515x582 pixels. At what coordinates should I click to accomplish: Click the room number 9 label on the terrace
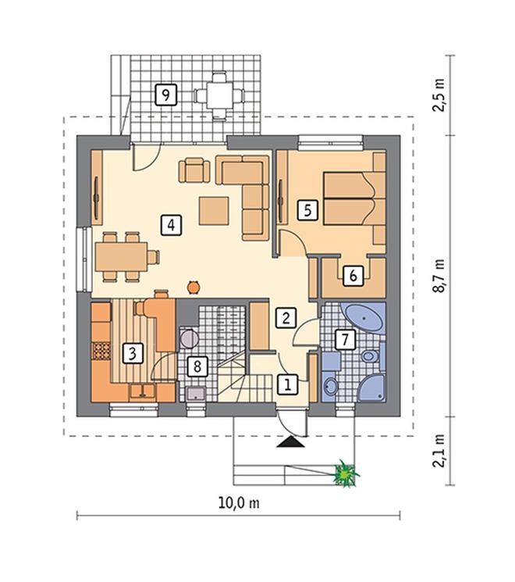pyautogui.click(x=166, y=95)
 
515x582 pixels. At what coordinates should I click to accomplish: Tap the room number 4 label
pyautogui.click(x=171, y=225)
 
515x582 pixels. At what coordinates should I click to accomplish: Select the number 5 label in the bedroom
pyautogui.click(x=307, y=211)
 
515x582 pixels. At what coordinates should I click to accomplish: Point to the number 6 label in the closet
pyautogui.click(x=353, y=276)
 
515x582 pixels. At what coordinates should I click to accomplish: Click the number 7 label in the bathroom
pyautogui.click(x=345, y=339)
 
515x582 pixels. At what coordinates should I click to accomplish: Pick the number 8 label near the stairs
pyautogui.click(x=197, y=366)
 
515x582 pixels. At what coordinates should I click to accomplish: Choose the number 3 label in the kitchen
pyautogui.click(x=133, y=353)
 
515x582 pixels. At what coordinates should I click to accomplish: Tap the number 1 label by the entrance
pyautogui.click(x=288, y=384)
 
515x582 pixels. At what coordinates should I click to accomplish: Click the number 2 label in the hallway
pyautogui.click(x=286, y=318)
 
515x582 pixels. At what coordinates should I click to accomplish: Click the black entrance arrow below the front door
pyautogui.click(x=290, y=442)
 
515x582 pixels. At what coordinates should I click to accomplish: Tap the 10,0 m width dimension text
pyautogui.click(x=239, y=503)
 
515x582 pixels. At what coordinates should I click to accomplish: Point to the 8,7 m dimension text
pyautogui.click(x=439, y=276)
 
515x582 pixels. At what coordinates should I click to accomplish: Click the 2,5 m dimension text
pyautogui.click(x=439, y=95)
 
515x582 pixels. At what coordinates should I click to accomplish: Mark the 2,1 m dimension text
pyautogui.click(x=439, y=451)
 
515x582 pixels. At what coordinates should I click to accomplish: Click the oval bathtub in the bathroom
pyautogui.click(x=364, y=319)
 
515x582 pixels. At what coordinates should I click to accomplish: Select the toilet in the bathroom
pyautogui.click(x=370, y=357)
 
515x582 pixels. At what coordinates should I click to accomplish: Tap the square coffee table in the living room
pyautogui.click(x=214, y=211)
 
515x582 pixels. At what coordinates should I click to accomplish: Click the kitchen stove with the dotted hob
pyautogui.click(x=101, y=351)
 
